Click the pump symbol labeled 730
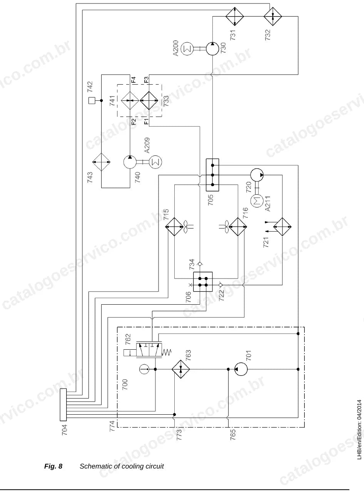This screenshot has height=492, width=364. (x=212, y=48)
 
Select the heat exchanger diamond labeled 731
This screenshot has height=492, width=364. (x=235, y=16)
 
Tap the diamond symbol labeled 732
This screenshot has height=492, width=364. (x=273, y=16)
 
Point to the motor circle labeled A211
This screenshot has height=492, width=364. (x=257, y=201)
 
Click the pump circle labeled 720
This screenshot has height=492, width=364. (x=257, y=175)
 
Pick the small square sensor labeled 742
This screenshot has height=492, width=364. (x=92, y=100)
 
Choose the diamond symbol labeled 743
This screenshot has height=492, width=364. (x=101, y=162)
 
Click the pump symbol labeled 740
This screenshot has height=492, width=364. (x=130, y=162)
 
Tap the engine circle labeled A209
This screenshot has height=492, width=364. (x=155, y=162)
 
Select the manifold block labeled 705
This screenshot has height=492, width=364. (x=212, y=175)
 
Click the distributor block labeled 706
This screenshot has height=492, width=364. (x=203, y=282)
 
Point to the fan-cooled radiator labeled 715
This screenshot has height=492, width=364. (x=174, y=227)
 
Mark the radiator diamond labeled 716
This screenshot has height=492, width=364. (x=238, y=227)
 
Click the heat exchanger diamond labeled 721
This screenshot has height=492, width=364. (x=282, y=227)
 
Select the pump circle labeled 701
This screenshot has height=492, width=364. (x=241, y=369)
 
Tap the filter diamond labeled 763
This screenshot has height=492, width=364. (x=181, y=369)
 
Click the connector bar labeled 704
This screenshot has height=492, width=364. (x=63, y=405)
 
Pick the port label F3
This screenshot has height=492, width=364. (x=146, y=80)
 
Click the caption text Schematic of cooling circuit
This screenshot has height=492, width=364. (x=122, y=466)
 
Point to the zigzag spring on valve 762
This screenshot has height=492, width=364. (x=167, y=352)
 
